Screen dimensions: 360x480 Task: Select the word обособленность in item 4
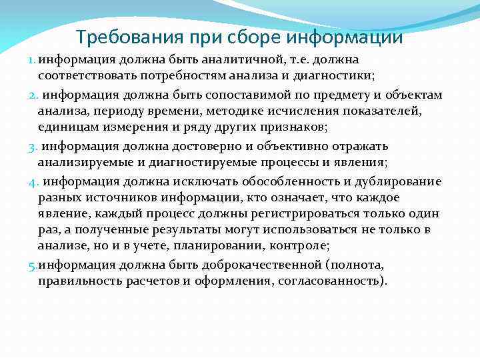tap(267, 181)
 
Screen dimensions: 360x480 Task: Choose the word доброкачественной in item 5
tap(245, 265)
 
